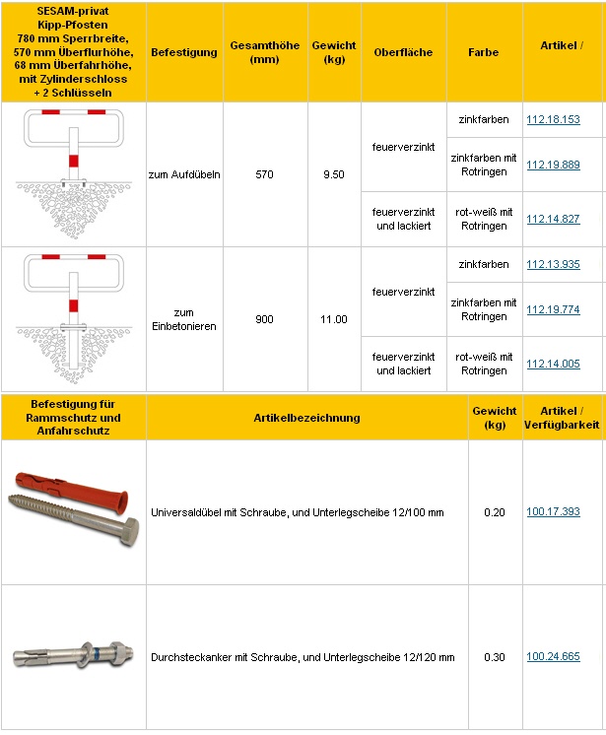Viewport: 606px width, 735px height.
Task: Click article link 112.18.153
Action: click(x=553, y=120)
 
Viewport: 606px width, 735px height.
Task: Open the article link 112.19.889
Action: click(x=553, y=166)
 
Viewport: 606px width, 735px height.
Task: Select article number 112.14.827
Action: click(x=553, y=219)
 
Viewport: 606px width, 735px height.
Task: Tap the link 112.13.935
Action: click(x=553, y=265)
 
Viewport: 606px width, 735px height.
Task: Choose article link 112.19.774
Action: click(x=553, y=310)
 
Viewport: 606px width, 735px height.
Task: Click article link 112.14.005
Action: click(x=553, y=364)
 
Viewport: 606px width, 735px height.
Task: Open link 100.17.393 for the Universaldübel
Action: click(x=553, y=512)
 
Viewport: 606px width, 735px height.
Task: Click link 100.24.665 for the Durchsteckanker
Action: click(x=553, y=656)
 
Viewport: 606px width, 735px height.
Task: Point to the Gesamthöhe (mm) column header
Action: click(x=266, y=52)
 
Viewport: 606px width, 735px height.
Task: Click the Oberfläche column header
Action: click(x=403, y=52)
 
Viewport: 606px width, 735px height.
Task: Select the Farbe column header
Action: click(x=483, y=52)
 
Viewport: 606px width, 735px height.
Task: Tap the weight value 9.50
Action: click(x=334, y=174)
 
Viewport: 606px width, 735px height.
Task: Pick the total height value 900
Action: click(x=266, y=319)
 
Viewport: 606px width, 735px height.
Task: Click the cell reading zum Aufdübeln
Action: click(x=184, y=174)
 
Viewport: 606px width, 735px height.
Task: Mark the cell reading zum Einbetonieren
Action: click(x=184, y=319)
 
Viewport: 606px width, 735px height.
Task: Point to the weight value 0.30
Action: click(x=494, y=656)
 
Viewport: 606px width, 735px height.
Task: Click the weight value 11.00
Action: click(x=334, y=319)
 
